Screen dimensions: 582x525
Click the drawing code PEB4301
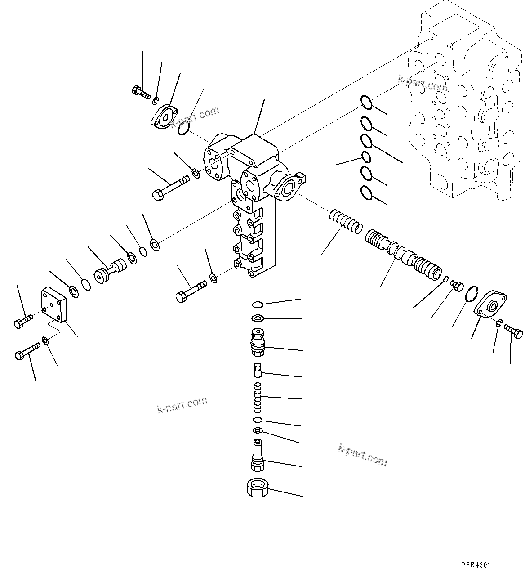click(475, 564)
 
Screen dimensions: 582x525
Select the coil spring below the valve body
click(258, 397)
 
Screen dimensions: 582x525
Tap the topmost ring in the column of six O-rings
click(366, 103)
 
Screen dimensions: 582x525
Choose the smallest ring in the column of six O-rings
click(366, 157)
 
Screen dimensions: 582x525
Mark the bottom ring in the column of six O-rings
click(366, 193)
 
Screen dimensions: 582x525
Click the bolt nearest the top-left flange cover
click(141, 92)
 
